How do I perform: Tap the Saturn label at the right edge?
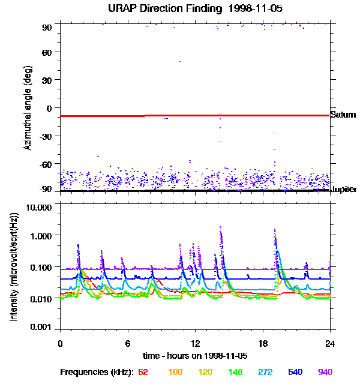(x=343, y=115)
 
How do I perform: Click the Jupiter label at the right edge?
(x=344, y=190)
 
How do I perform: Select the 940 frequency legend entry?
(x=325, y=372)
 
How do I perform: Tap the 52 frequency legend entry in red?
(x=143, y=372)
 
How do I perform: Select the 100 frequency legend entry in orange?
(x=175, y=372)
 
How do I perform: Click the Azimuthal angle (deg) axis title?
(x=28, y=108)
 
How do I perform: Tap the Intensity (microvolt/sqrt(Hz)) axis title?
(x=14, y=267)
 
